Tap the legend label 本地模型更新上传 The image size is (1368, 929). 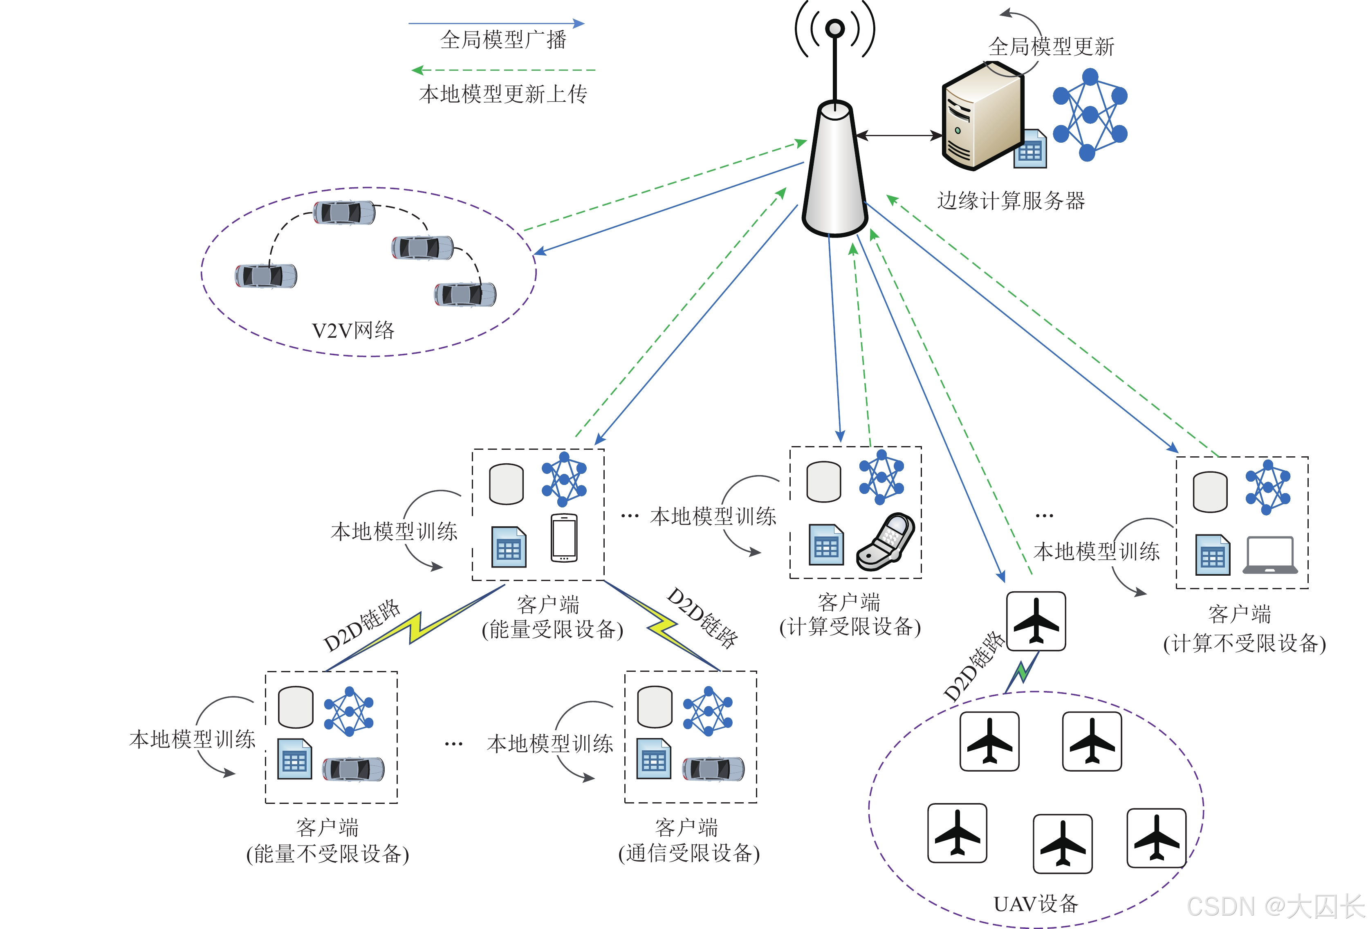pyautogui.click(x=503, y=94)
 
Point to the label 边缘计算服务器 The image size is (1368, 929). pyautogui.click(x=1011, y=201)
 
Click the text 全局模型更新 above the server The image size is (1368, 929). pyautogui.click(x=1051, y=47)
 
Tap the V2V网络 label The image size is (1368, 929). pyautogui.click(x=353, y=330)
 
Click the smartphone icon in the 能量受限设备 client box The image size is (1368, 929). pyautogui.click(x=564, y=538)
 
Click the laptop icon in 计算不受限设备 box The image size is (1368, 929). pyautogui.click(x=1270, y=554)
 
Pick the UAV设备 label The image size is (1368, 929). pyautogui.click(x=1036, y=904)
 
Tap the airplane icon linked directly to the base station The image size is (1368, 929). pyautogui.click(x=1036, y=621)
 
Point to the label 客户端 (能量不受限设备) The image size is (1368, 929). pyautogui.click(x=327, y=841)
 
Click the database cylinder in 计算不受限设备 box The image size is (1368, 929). pyautogui.click(x=1210, y=491)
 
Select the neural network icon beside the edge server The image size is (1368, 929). pyautogui.click(x=1090, y=115)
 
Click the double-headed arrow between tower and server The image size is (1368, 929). pyautogui.click(x=899, y=135)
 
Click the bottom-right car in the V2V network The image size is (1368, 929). pyautogui.click(x=465, y=294)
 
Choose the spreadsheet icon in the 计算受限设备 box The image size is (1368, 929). pyautogui.click(x=826, y=545)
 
